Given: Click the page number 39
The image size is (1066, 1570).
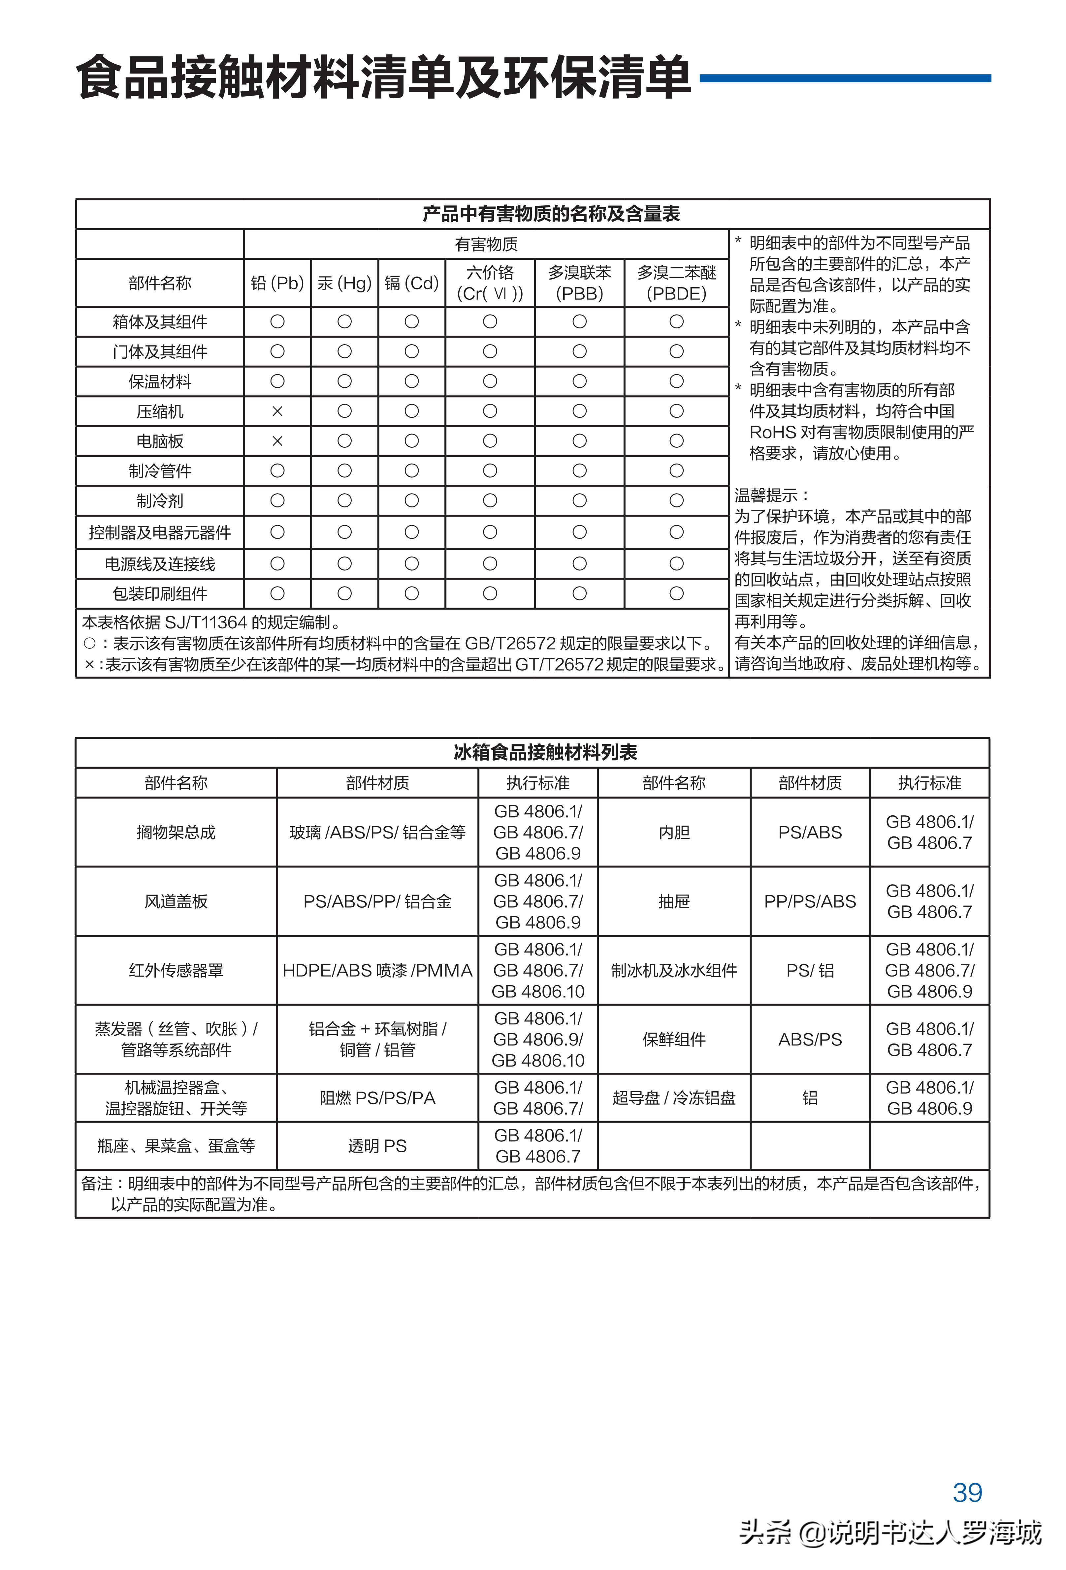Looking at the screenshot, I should tap(967, 1492).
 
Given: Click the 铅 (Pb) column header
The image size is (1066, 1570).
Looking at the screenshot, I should tap(277, 283).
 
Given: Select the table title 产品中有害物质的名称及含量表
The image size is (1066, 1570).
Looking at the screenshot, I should tap(551, 214).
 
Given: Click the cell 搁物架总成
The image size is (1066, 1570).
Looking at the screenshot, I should tap(176, 832).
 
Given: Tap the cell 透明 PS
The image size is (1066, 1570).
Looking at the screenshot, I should tap(377, 1146).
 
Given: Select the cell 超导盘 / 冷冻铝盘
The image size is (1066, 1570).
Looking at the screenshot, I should tap(674, 1098).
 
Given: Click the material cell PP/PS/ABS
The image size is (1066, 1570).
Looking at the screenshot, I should tap(810, 901).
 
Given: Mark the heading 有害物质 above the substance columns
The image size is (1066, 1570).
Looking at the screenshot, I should tap(486, 244).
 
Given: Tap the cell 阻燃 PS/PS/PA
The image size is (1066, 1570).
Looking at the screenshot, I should tap(377, 1098).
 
